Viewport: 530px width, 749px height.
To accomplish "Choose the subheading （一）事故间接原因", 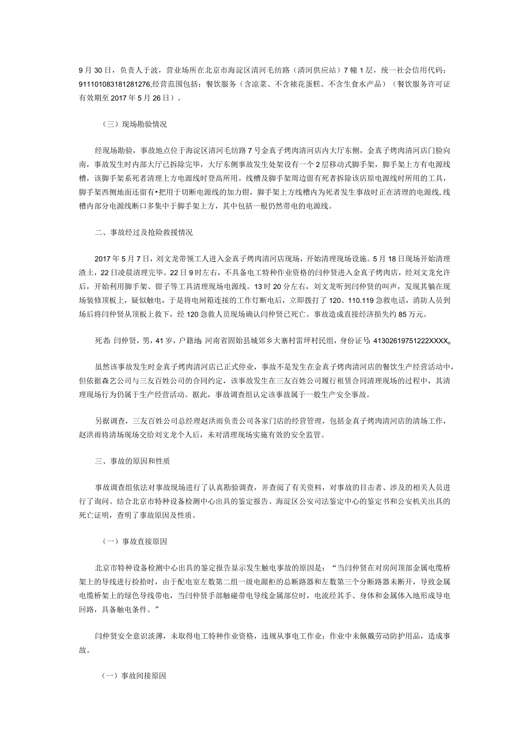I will click(x=134, y=678).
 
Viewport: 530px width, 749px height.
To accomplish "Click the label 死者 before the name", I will click(x=103, y=341).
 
